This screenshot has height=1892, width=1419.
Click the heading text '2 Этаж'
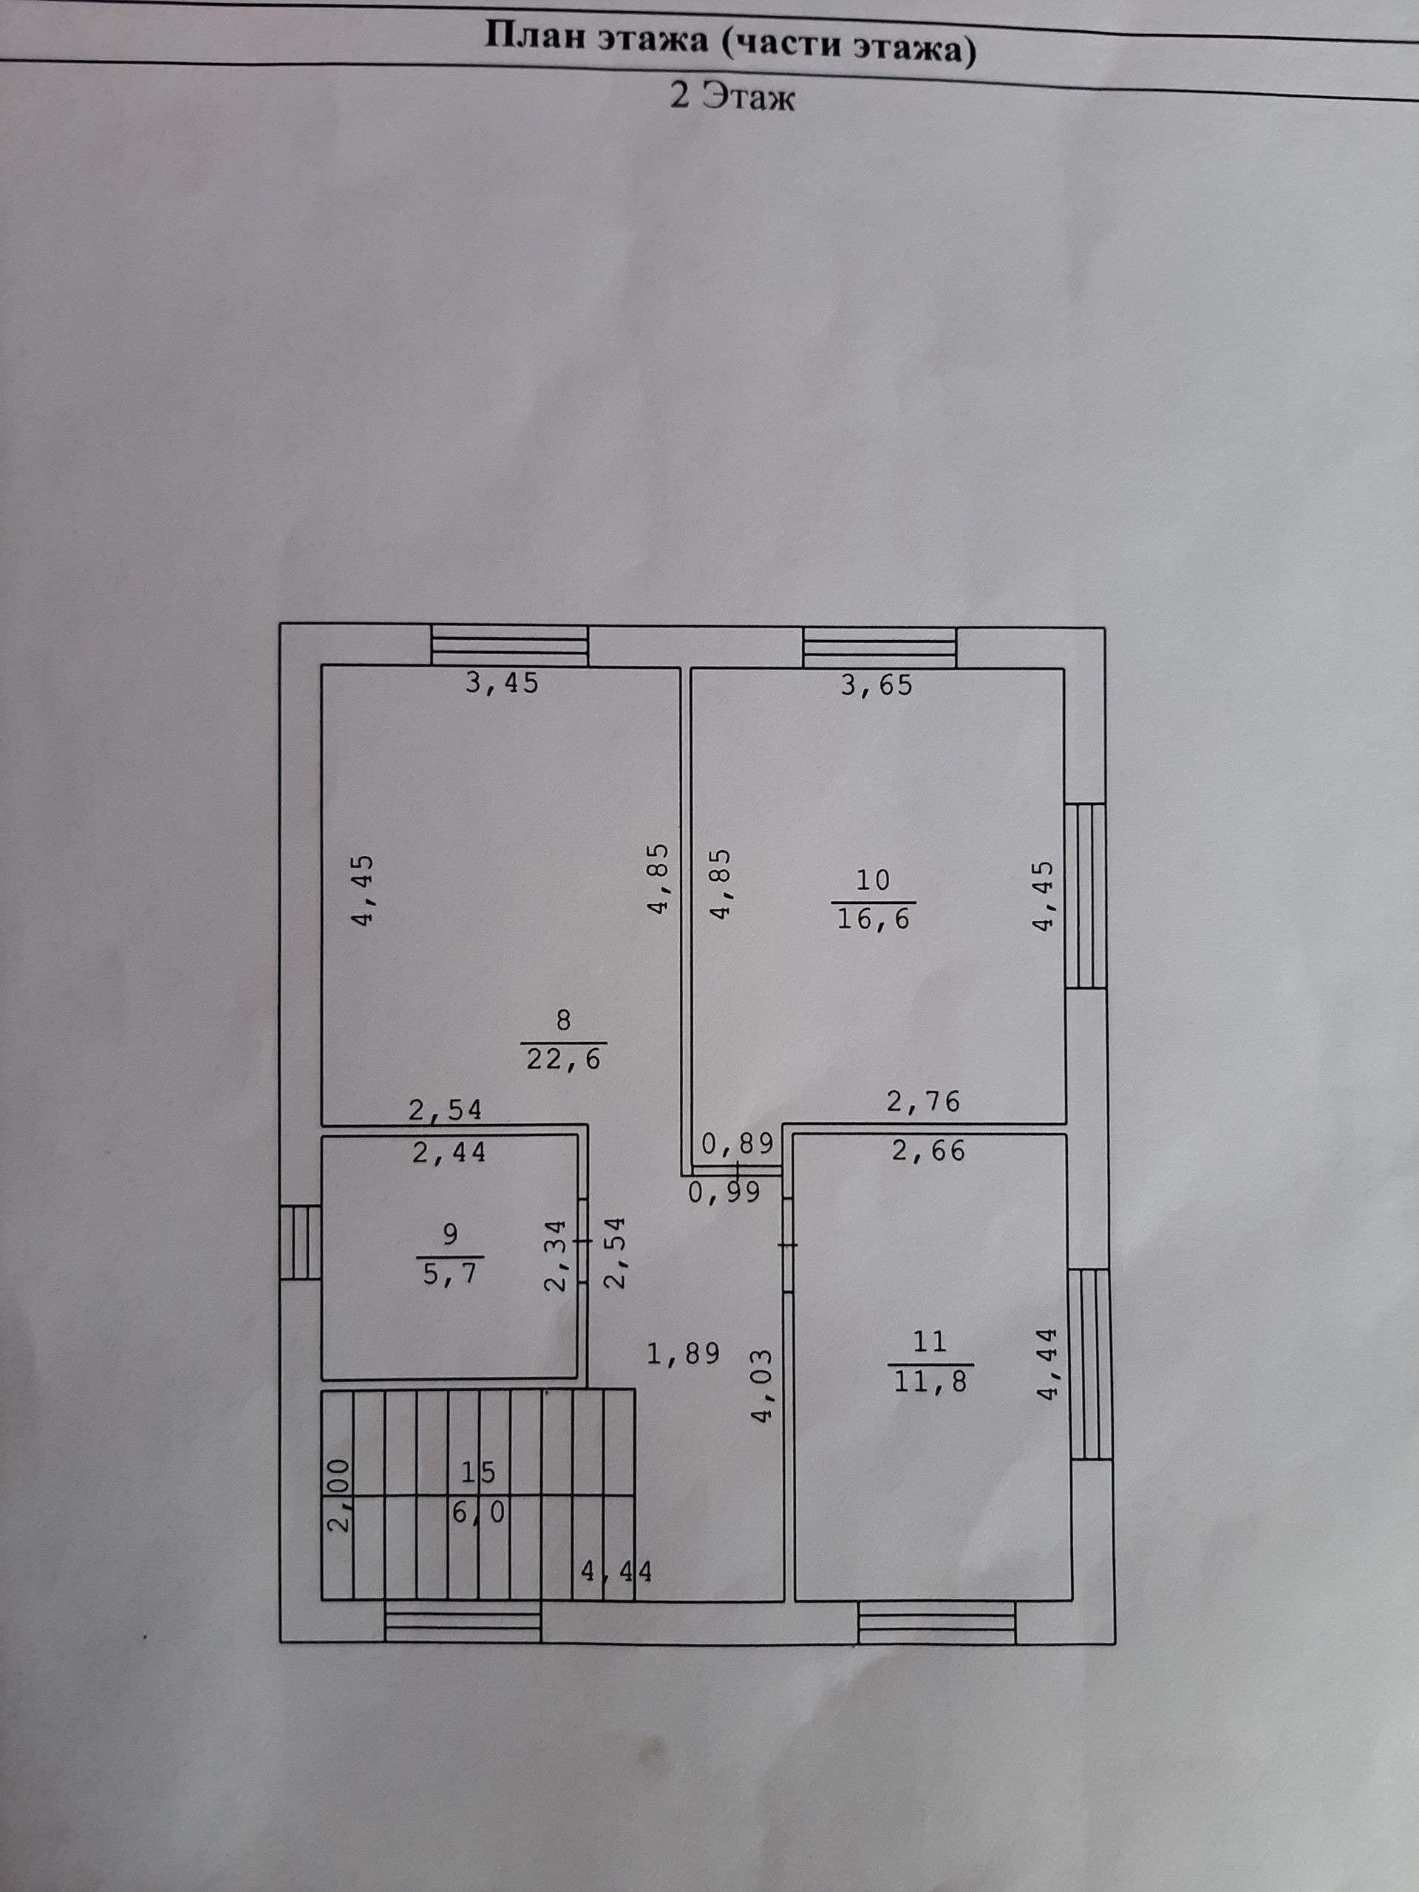(x=732, y=97)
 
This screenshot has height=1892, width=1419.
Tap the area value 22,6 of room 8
(x=563, y=1060)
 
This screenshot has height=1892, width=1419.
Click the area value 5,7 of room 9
(x=450, y=1274)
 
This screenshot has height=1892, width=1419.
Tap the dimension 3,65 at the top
(x=876, y=685)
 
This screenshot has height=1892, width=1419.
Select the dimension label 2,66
(x=928, y=1151)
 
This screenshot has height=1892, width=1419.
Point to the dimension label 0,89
(x=738, y=1143)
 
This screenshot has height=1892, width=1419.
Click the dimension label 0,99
(x=724, y=1192)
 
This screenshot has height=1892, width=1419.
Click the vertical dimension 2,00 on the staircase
(x=339, y=1495)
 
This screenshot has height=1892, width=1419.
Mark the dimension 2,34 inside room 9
(x=557, y=1255)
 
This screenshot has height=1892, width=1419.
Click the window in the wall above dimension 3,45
(x=509, y=646)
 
